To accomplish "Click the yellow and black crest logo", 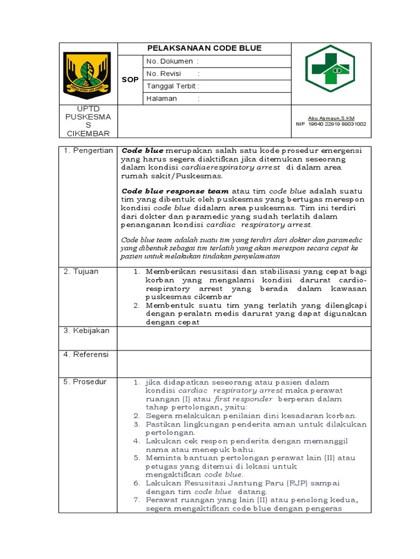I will (87, 73).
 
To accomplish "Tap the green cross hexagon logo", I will (330, 69).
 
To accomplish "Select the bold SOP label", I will (130, 80).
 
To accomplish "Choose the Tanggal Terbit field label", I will (171, 86).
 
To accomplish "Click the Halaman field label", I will (162, 99).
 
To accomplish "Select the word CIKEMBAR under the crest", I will (88, 134).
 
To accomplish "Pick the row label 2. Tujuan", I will (80, 271).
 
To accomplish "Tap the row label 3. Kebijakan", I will (86, 331).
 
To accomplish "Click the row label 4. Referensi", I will (86, 354).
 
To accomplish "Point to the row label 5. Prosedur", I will (85, 382).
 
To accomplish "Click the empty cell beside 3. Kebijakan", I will (244, 338).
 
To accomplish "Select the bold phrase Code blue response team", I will (175, 192).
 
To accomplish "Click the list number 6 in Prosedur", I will (137, 483).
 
